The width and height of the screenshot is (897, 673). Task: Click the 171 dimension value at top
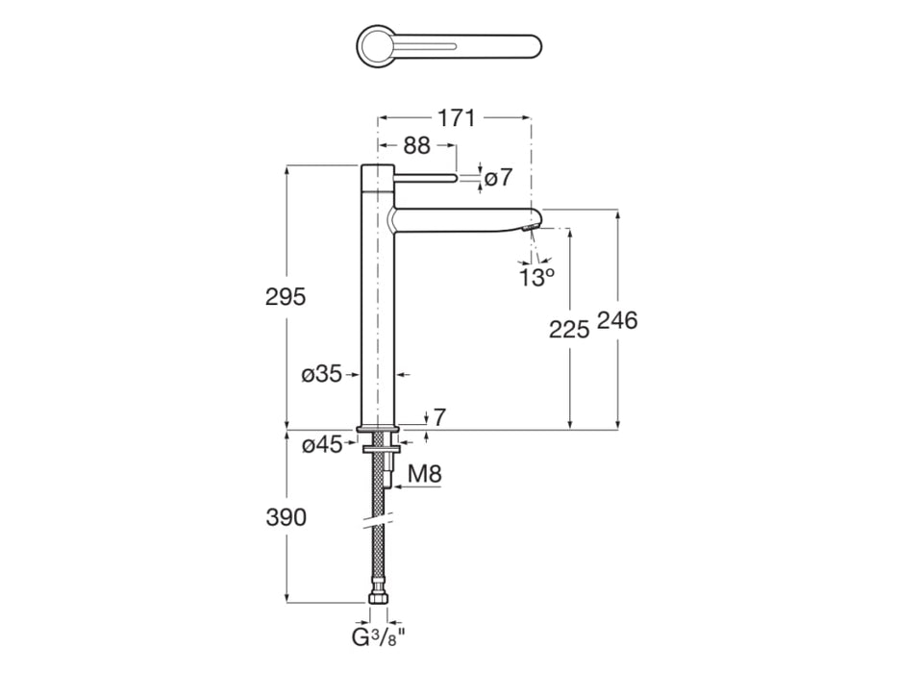(x=457, y=118)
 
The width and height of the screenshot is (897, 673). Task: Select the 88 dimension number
(x=415, y=146)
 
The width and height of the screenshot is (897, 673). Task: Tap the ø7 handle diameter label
(x=498, y=178)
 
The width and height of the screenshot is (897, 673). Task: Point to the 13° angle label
(x=537, y=278)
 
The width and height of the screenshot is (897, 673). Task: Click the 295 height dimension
(x=285, y=297)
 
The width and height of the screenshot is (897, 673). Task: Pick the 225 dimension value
(x=568, y=330)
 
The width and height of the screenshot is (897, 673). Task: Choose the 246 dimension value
(x=617, y=321)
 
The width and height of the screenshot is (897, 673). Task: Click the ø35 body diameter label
(x=321, y=375)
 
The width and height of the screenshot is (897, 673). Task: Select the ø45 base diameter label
(x=321, y=444)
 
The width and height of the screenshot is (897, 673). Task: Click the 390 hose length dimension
(x=285, y=517)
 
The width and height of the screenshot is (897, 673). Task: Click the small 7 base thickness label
(x=439, y=416)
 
